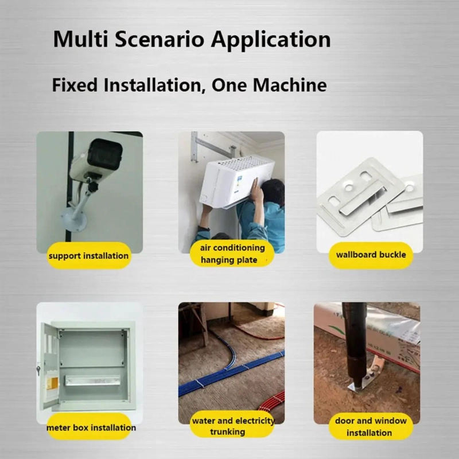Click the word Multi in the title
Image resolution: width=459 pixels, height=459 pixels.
(x=80, y=38)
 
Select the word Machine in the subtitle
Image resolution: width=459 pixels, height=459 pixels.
(x=290, y=85)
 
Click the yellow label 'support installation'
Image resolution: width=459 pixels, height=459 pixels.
(x=89, y=255)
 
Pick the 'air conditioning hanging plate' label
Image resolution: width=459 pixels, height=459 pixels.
(x=232, y=254)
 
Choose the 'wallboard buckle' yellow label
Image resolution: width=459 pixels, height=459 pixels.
(x=371, y=255)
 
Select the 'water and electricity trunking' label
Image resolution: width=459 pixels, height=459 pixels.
(x=233, y=426)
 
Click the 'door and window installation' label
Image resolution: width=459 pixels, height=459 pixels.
(x=371, y=426)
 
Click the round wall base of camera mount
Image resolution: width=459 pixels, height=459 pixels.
(x=73, y=220)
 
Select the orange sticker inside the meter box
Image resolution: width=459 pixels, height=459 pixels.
(x=52, y=384)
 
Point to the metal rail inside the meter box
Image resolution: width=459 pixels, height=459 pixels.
(x=92, y=380)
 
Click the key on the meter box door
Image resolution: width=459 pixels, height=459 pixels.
(x=38, y=371)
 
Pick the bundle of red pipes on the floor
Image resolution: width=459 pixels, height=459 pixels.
(x=271, y=402)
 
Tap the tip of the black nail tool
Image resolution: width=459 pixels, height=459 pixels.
(x=356, y=384)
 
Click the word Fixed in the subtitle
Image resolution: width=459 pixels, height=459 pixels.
(x=75, y=85)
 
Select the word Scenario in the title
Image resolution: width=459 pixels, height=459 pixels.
(x=160, y=38)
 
